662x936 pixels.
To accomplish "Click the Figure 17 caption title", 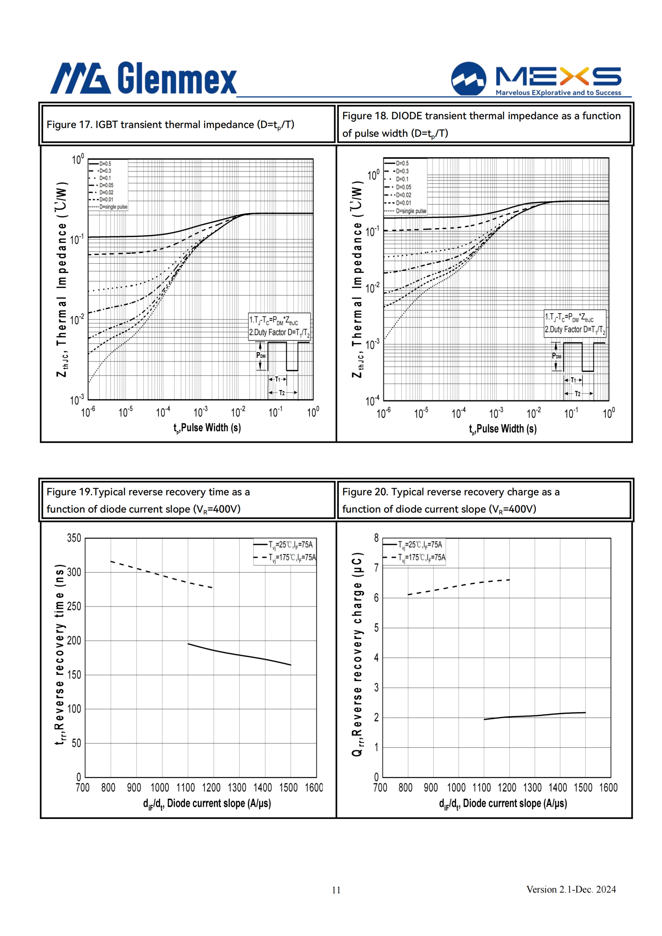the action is pos(170,125).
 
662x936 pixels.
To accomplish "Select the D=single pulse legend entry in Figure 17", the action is pos(108,207).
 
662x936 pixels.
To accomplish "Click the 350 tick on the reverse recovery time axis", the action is pos(74,538).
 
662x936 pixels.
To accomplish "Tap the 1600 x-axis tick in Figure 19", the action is pos(314,787).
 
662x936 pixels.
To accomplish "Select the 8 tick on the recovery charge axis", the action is pos(376,538).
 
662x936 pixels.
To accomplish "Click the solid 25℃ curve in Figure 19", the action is pos(239,654).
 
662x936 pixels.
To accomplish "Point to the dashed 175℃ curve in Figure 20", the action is pos(458,586).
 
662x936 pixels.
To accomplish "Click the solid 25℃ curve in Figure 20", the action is pos(535,715).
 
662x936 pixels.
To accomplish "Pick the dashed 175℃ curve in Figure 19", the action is pos(161,574).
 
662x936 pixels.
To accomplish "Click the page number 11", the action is pos(336,890).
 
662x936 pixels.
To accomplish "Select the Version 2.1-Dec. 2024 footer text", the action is pos(571,889).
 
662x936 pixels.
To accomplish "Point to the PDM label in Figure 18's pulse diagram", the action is pos(556,356).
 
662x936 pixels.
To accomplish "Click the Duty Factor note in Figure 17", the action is pos(279,333).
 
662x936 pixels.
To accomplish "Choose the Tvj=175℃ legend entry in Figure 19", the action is pos(285,558).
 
